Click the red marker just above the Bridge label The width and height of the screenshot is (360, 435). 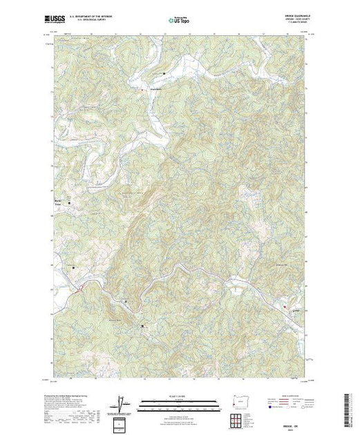[x=285, y=304]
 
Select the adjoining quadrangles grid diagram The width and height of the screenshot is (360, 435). [x=238, y=420]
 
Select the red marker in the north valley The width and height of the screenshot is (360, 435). [x=143, y=89]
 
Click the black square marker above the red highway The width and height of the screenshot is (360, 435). [x=74, y=267]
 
